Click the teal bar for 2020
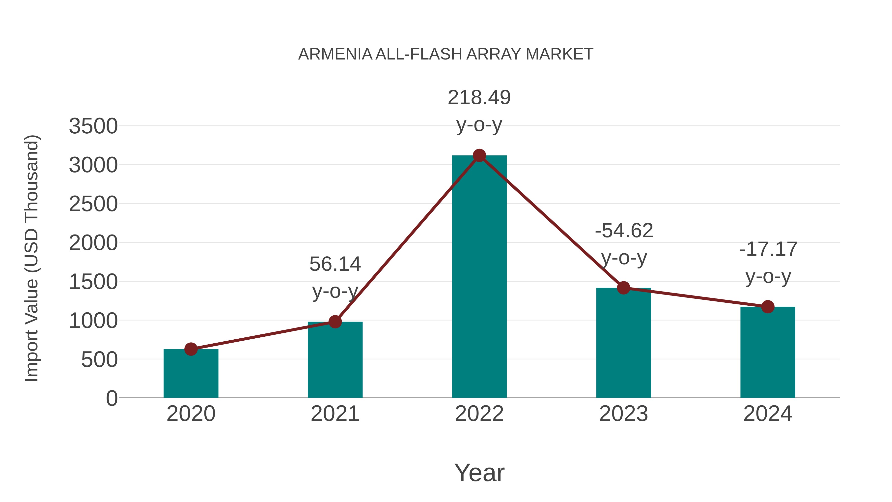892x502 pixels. coord(191,374)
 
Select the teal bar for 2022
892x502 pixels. coord(479,277)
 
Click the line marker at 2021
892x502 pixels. coord(335,322)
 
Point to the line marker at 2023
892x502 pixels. coord(623,288)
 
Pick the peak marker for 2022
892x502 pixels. coord(479,155)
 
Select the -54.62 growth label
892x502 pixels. coord(624,231)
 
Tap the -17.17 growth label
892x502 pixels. coord(768,249)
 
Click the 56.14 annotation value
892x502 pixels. coord(335,264)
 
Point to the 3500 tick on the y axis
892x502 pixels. coord(93,126)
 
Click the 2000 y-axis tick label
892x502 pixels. coord(93,243)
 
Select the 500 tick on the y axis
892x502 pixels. coord(99,360)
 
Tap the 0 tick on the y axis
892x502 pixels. coord(111,398)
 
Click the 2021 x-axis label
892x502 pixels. coord(335,414)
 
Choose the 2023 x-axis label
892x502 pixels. coord(623,414)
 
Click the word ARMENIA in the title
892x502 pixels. coord(335,54)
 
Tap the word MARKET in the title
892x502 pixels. coord(559,54)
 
